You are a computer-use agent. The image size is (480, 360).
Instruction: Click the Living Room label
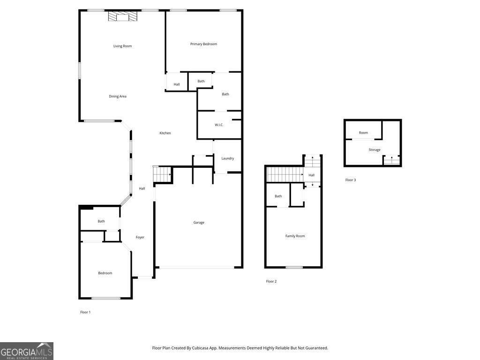pyautogui.click(x=122, y=46)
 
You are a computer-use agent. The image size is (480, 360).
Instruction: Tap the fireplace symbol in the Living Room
pyautogui.click(x=123, y=17)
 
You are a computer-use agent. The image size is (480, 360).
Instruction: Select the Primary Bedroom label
pyautogui.click(x=203, y=44)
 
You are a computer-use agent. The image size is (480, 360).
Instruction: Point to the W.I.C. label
pyautogui.click(x=219, y=125)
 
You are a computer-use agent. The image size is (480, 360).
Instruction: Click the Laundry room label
pyautogui.click(x=227, y=158)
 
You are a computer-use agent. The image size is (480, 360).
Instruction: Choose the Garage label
pyautogui.click(x=199, y=223)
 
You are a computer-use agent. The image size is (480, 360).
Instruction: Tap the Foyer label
pyautogui.click(x=140, y=237)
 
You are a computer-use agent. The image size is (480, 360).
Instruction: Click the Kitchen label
pyautogui.click(x=165, y=133)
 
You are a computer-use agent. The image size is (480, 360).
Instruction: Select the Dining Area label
pyautogui.click(x=118, y=97)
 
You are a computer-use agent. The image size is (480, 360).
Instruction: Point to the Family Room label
pyautogui.click(x=295, y=236)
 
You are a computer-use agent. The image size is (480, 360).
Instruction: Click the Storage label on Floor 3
pyautogui.click(x=375, y=150)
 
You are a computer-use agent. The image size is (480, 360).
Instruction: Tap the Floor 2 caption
pyautogui.click(x=271, y=281)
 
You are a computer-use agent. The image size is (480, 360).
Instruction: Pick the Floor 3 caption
pyautogui.click(x=351, y=180)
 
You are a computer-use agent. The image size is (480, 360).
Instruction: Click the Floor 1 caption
pyautogui.click(x=85, y=312)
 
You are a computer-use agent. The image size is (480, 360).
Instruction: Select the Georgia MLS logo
pyautogui.click(x=27, y=351)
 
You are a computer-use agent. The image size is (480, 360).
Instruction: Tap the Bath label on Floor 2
pyautogui.click(x=278, y=196)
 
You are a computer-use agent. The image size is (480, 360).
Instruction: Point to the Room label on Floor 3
pyautogui.click(x=363, y=133)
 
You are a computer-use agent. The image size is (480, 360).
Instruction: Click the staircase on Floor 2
pyautogui.click(x=285, y=174)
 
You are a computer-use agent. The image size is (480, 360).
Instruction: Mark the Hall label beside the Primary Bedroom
pyautogui.click(x=177, y=84)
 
